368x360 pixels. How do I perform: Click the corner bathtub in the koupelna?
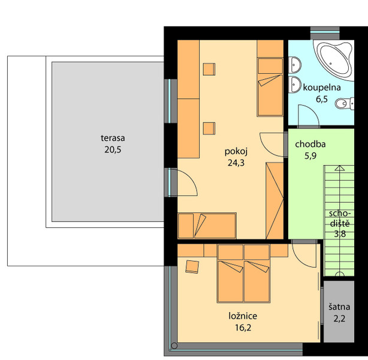[x=334, y=61]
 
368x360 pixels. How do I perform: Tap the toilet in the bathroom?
[x=345, y=103]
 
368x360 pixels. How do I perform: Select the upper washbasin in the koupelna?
[x=294, y=65]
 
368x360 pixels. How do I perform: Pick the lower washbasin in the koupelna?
[x=294, y=85]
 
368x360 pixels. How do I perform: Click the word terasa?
[x=113, y=138]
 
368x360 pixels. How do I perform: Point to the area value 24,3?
[x=236, y=163]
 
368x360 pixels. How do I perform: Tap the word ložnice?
[x=243, y=316]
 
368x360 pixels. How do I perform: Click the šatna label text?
[x=339, y=307]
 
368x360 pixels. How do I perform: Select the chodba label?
[x=310, y=144]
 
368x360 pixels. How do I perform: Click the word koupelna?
[x=322, y=88]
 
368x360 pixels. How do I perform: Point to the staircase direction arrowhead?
[x=339, y=168]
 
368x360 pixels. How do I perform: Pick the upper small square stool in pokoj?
[x=209, y=70]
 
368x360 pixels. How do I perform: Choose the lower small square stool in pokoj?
[x=209, y=128]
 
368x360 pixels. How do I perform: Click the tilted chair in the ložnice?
[x=192, y=267]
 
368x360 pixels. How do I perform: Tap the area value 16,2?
[x=243, y=328]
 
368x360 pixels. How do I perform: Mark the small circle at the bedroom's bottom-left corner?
[x=174, y=346]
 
